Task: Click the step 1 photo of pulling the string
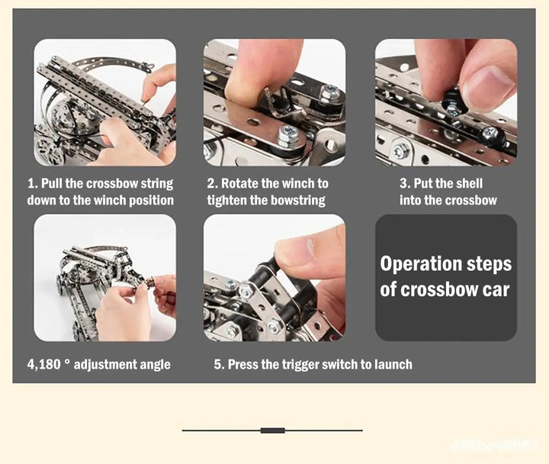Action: (104, 102)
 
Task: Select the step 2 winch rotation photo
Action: (274, 102)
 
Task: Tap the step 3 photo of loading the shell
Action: (445, 102)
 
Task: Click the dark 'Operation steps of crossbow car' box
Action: (445, 277)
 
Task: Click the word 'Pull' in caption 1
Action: (54, 184)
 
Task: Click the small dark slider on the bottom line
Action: (272, 430)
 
